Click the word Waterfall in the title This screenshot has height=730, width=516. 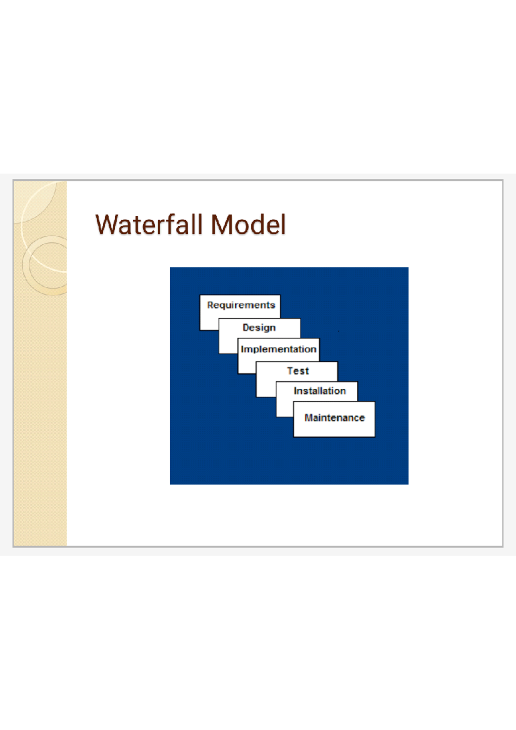(149, 224)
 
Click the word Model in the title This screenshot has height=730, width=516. (248, 224)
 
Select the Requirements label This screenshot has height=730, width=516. (241, 305)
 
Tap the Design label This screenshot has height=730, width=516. (259, 328)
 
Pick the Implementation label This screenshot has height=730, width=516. (278, 349)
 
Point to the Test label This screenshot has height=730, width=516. (298, 371)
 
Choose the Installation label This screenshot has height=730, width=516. (319, 391)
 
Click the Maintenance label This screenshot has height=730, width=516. (335, 417)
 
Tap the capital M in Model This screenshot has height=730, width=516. (221, 224)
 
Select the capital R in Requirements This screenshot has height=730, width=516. (210, 305)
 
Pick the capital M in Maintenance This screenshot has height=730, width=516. (308, 417)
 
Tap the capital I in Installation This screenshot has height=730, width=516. (295, 391)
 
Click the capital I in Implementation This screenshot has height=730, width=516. (242, 349)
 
